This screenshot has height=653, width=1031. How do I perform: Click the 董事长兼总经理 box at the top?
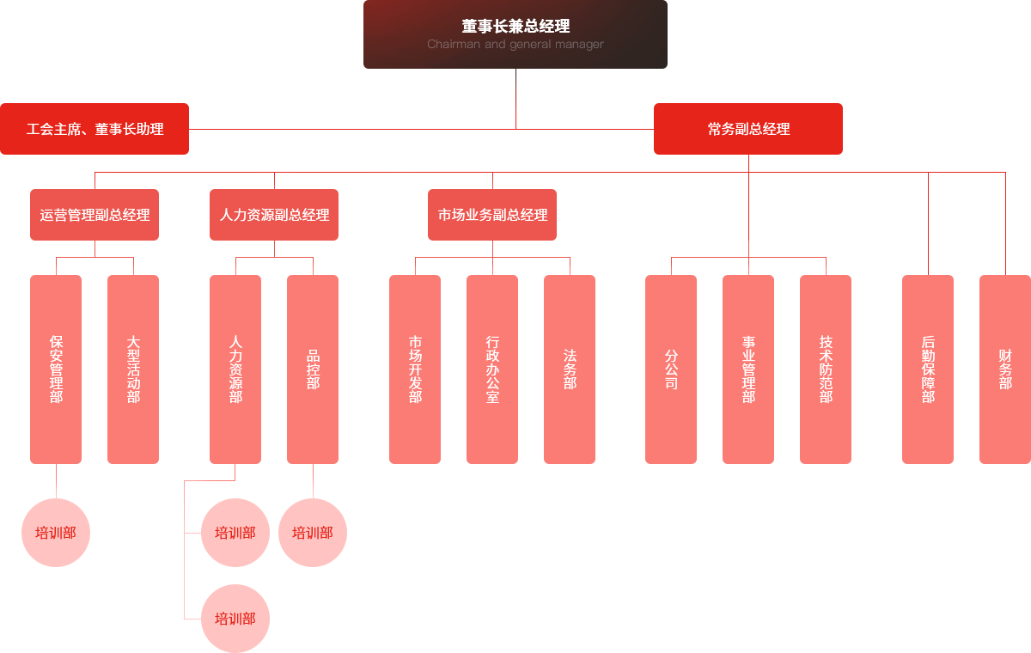[515, 27]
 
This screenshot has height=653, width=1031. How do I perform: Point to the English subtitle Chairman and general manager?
[515, 45]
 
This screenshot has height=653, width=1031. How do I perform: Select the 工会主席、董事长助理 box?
[95, 129]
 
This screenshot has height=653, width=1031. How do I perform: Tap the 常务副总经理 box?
[747, 129]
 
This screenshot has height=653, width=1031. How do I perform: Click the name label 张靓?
[749, 185]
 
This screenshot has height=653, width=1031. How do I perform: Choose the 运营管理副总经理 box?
[95, 215]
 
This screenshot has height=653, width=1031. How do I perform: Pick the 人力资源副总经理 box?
[274, 215]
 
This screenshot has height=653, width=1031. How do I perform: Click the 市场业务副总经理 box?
[492, 215]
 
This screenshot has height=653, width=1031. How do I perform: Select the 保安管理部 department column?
[56, 369]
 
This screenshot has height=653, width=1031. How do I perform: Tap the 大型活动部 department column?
[133, 369]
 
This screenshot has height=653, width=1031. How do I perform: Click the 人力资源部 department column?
[235, 369]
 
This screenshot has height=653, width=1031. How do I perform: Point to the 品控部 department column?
[313, 369]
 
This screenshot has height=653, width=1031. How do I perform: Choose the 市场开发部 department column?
[415, 369]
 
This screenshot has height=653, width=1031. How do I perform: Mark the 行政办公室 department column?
[492, 369]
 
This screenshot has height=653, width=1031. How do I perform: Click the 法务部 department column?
[570, 369]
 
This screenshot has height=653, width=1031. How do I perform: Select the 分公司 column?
[671, 369]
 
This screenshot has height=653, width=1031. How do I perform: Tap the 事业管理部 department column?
[748, 369]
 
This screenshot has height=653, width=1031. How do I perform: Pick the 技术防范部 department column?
[826, 369]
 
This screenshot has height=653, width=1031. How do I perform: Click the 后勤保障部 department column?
[928, 369]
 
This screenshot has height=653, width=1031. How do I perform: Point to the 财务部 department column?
[1004, 369]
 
